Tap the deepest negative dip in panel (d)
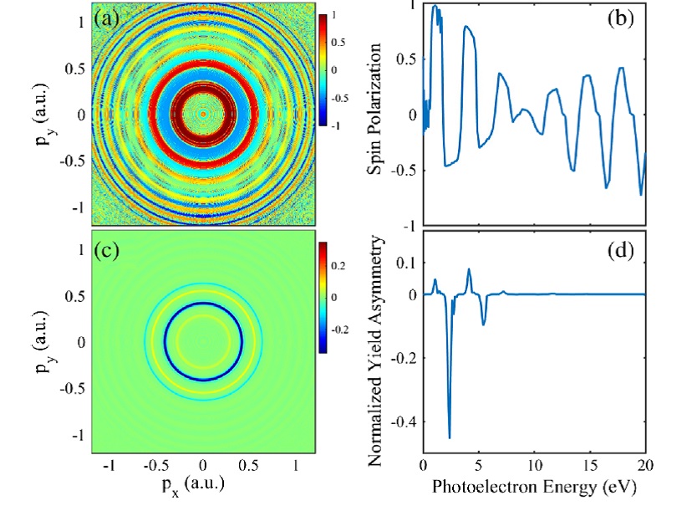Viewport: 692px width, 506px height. tap(450, 437)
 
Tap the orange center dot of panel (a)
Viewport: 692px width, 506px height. tap(203, 113)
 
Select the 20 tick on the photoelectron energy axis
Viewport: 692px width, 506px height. tap(644, 465)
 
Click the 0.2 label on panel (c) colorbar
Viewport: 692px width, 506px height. tap(339, 265)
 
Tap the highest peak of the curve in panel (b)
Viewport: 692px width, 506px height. tap(435, 7)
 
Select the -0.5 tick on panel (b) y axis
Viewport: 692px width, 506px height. tap(406, 171)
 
